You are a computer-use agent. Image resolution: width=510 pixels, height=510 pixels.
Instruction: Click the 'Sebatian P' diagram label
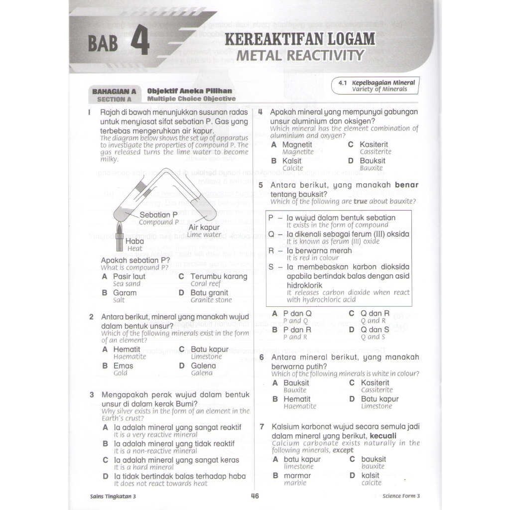coord(155,215)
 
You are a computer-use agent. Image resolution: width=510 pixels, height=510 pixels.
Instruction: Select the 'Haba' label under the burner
coord(135,241)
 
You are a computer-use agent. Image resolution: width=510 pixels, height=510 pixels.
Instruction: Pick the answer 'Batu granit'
coord(209,293)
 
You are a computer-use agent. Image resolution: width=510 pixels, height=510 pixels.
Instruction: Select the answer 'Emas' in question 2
coord(123,366)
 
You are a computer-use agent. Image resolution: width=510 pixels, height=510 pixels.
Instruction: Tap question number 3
coord(92,395)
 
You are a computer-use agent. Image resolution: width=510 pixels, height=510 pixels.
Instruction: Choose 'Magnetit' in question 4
coord(297,144)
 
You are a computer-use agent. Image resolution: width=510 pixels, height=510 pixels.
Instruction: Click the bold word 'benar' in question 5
coord(406,185)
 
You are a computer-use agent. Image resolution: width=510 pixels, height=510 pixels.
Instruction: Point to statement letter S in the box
coord(271,267)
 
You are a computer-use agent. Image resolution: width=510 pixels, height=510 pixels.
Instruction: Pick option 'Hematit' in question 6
coord(297,399)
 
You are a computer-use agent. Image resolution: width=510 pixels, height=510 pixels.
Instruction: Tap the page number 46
coord(255,496)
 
